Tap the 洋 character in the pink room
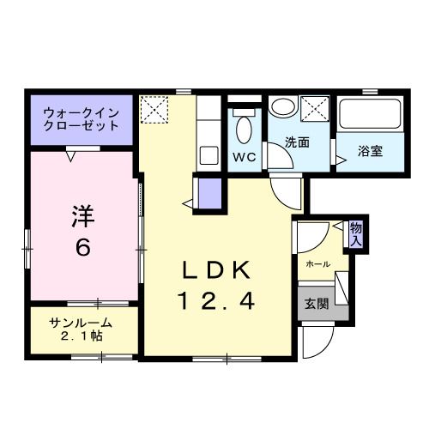(82, 215)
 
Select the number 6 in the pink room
(82, 248)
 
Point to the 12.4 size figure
(215, 301)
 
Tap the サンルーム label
(80, 323)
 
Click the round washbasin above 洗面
(281, 107)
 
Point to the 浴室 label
(371, 151)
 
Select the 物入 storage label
(355, 234)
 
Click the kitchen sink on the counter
(209, 155)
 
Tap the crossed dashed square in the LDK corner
(157, 108)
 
